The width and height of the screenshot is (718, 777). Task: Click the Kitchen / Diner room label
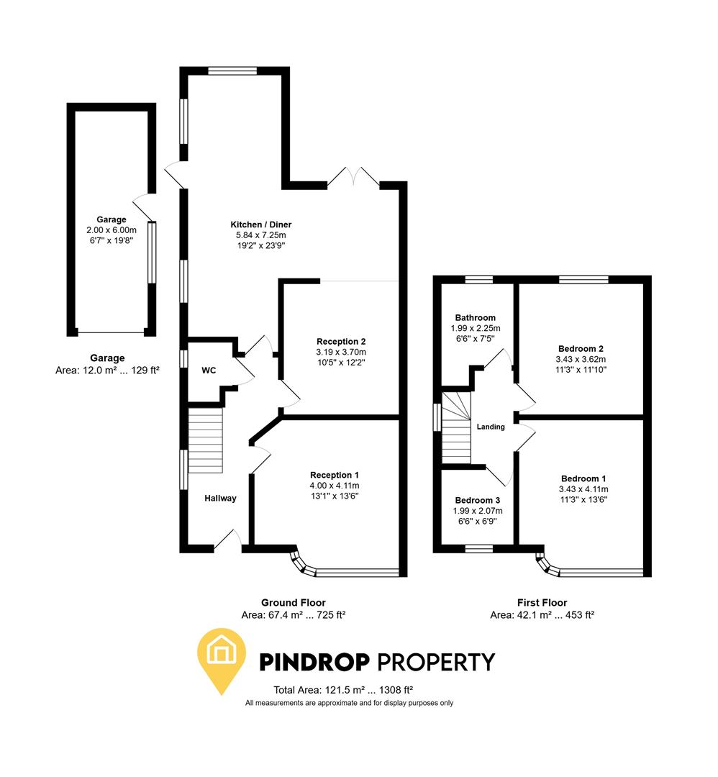(x=260, y=224)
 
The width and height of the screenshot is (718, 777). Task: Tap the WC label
(x=209, y=371)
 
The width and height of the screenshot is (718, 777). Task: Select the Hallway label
(x=220, y=498)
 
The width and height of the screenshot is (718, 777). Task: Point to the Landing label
(x=491, y=427)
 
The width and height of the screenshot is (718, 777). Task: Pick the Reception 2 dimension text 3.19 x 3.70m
(x=341, y=352)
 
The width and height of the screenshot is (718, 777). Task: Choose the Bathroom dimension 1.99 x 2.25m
(x=475, y=328)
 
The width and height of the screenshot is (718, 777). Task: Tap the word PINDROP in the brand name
(x=314, y=661)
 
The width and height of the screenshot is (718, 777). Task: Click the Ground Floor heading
(x=293, y=603)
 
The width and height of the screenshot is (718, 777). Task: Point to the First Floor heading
(x=542, y=603)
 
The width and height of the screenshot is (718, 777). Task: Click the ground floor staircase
(x=206, y=440)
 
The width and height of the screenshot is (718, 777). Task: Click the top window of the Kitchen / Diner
(x=232, y=71)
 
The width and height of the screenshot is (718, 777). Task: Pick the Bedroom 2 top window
(x=583, y=280)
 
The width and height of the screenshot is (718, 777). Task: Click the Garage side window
(x=152, y=252)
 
